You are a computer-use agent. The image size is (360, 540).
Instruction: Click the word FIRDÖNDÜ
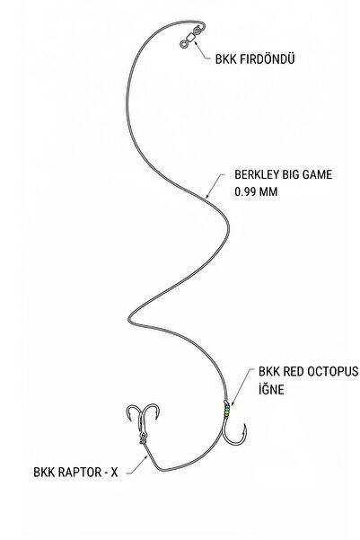pyautogui.click(x=267, y=58)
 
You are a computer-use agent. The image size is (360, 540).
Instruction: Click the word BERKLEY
pyautogui.click(x=257, y=174)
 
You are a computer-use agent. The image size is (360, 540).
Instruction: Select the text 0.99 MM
pyautogui.click(x=256, y=191)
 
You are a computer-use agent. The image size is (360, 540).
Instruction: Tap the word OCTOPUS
pyautogui.click(x=332, y=372)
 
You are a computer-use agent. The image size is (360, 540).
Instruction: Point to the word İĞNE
pyautogui.click(x=271, y=389)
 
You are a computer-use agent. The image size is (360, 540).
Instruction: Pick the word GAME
pyautogui.click(x=317, y=174)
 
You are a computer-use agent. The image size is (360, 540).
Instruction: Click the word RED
pyautogui.click(x=294, y=372)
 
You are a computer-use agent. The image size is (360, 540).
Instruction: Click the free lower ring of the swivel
pyautogui.click(x=183, y=44)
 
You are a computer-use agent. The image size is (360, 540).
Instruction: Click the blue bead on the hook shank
pyautogui.click(x=227, y=407)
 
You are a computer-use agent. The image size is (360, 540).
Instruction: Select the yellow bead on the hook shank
pyautogui.click(x=227, y=411)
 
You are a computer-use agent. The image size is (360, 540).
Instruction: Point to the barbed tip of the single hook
pyautogui.click(x=244, y=425)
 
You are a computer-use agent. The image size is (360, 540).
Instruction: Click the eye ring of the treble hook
pyautogui.click(x=143, y=441)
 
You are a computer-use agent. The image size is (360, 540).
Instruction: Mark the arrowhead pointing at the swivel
pyautogui.click(x=196, y=43)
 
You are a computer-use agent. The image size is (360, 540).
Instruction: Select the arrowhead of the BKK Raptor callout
pyautogui.click(x=146, y=457)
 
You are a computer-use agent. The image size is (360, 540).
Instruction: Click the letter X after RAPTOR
pyautogui.click(x=114, y=472)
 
